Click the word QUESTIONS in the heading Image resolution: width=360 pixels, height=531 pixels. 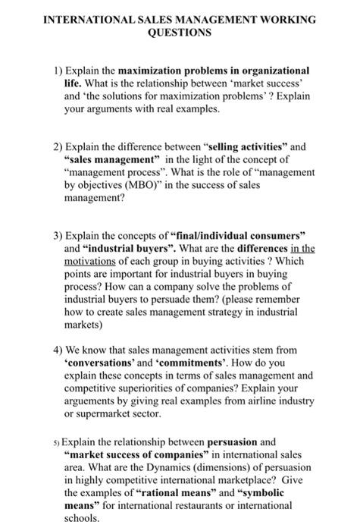point(180,33)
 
